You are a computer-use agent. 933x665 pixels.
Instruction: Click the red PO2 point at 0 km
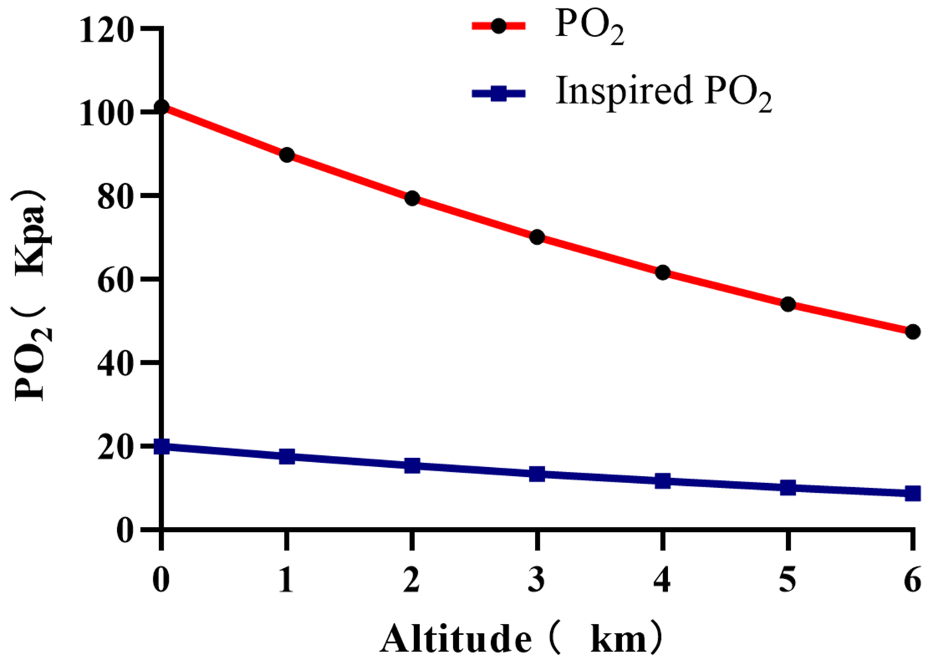point(161,107)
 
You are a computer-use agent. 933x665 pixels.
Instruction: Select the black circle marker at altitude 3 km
point(537,237)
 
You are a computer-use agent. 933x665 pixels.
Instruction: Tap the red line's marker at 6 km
point(912,332)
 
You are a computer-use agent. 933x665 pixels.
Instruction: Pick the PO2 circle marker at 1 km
point(287,155)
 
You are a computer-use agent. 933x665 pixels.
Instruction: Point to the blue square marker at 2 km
point(412,466)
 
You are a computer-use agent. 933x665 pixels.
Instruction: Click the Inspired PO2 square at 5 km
point(788,487)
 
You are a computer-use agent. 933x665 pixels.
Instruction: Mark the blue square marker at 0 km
point(161,446)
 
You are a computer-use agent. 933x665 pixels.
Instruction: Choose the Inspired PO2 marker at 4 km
point(662,481)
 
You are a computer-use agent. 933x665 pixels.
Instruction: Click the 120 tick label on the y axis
point(106,30)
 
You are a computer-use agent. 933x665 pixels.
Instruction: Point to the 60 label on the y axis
point(115,280)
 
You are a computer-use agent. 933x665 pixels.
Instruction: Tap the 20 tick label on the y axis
point(115,447)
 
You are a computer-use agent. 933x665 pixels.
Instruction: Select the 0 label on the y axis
point(124,530)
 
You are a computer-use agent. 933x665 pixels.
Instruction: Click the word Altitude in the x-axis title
point(456,638)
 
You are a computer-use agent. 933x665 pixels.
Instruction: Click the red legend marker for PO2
point(499,26)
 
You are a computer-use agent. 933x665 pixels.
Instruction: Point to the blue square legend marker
point(499,93)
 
